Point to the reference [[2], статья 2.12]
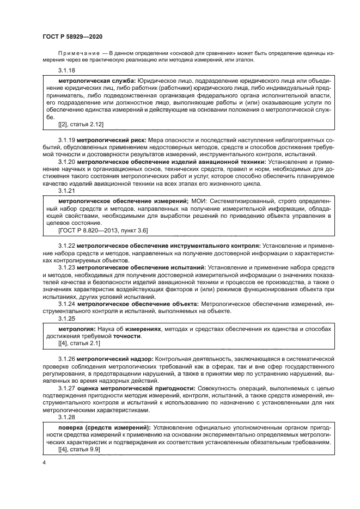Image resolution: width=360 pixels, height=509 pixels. (81, 124)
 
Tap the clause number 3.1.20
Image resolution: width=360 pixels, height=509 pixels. (67, 162)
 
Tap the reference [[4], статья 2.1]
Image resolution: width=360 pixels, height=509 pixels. (79, 344)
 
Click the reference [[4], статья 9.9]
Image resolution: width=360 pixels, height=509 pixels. (79, 450)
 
